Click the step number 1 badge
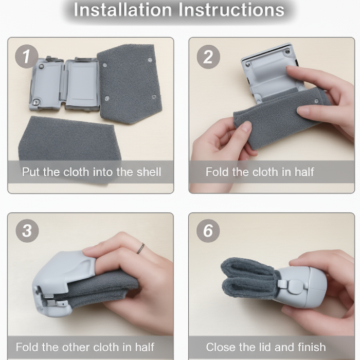[26, 57]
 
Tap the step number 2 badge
[208, 57]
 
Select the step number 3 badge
[27, 230]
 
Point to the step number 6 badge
[208, 230]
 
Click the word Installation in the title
[123, 10]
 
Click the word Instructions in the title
[231, 10]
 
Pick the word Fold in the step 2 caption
[217, 172]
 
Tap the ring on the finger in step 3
[140, 248]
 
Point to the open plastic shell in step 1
[64, 83]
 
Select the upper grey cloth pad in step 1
[129, 83]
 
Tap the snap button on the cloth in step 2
[317, 101]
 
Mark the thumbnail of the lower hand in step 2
[246, 127]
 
